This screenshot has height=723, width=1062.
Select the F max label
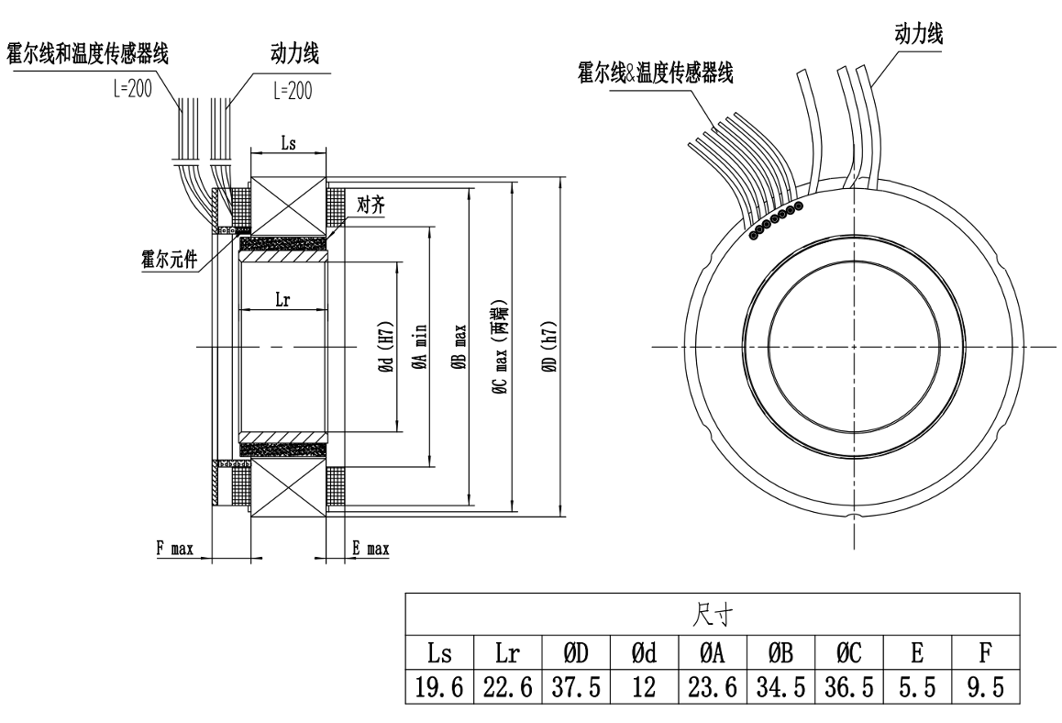(174, 550)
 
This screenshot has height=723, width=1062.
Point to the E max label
(371, 550)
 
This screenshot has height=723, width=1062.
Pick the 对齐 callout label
(371, 203)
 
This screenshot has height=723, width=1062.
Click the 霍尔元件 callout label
(164, 260)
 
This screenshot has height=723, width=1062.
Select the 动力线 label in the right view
(919, 34)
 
